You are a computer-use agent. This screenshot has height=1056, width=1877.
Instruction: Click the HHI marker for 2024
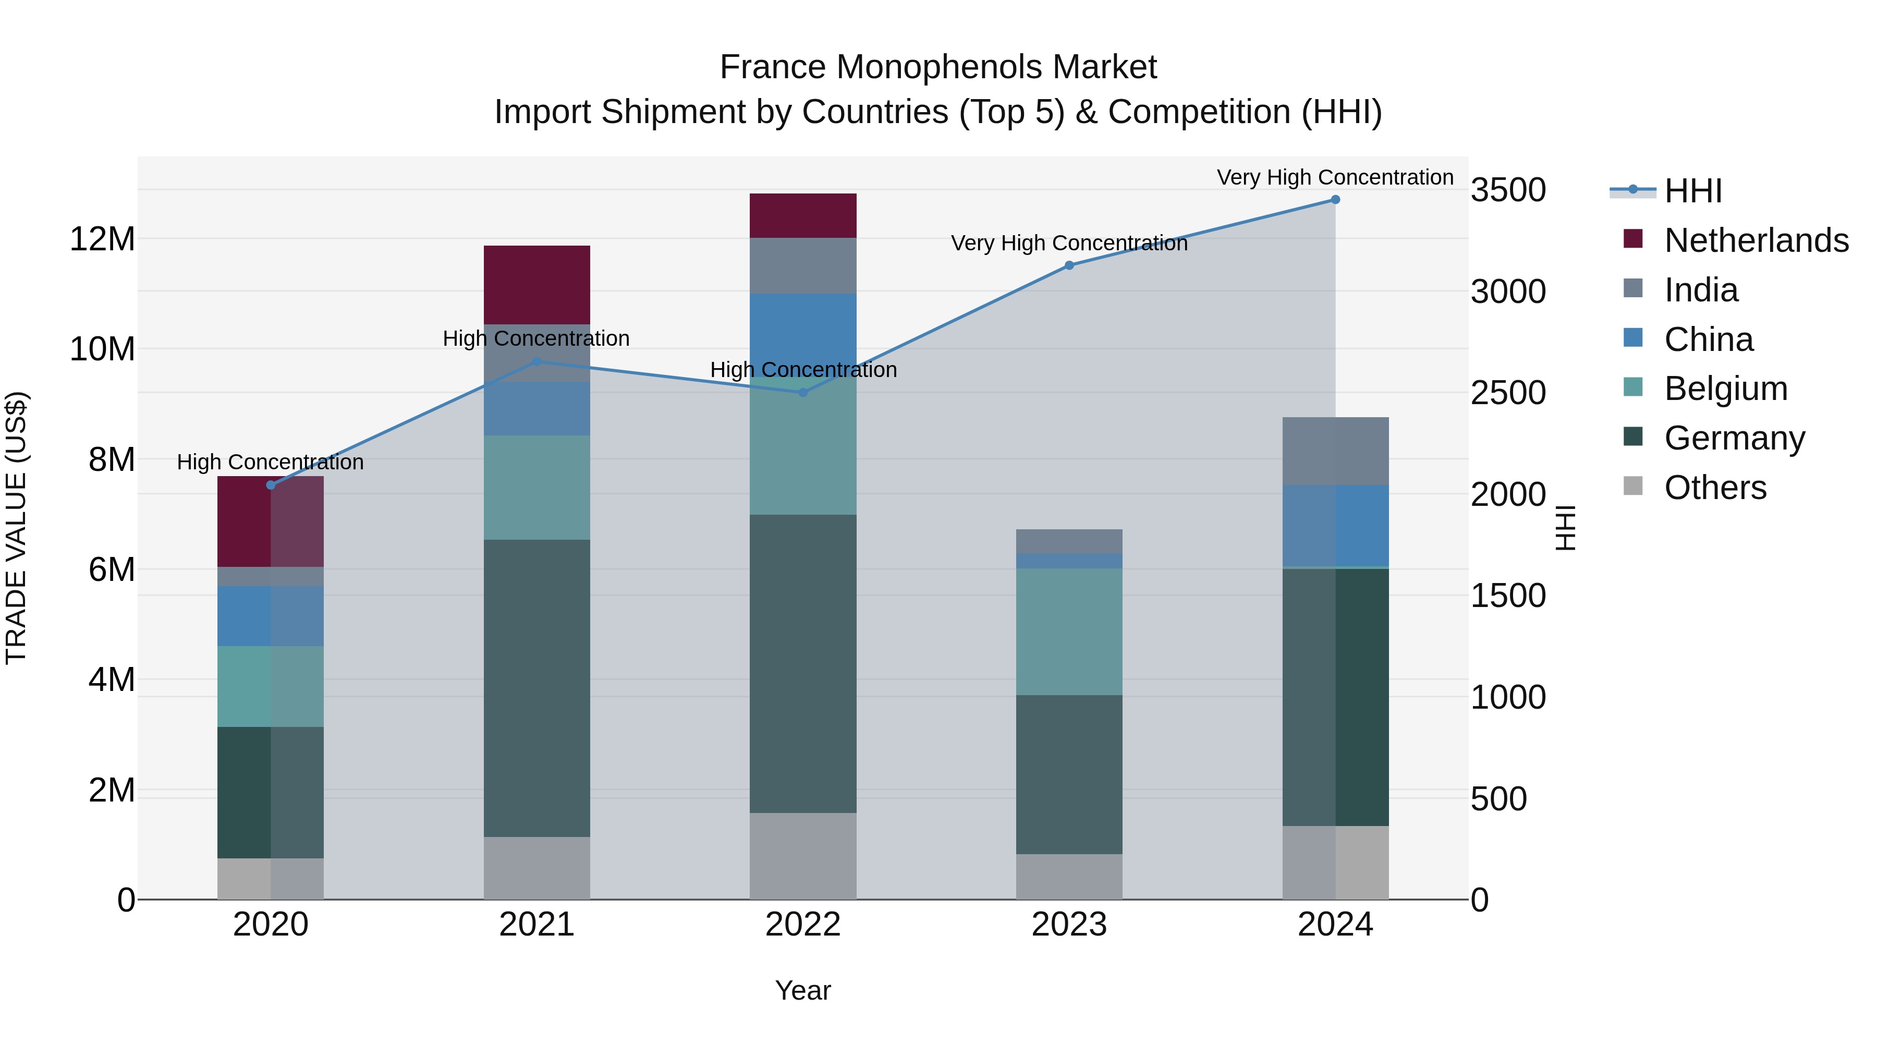[1335, 200]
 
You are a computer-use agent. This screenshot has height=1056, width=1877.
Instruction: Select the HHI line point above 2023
[1069, 265]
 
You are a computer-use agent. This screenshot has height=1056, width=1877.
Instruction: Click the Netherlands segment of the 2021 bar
[537, 284]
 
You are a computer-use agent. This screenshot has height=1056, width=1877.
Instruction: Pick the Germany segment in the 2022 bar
[803, 663]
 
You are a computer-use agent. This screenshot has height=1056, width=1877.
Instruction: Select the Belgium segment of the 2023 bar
[1069, 631]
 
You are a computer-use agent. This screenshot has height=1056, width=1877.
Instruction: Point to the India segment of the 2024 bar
[1335, 451]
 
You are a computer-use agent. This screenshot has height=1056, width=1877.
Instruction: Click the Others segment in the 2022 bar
[803, 856]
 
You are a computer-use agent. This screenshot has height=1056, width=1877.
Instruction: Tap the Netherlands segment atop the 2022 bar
[803, 216]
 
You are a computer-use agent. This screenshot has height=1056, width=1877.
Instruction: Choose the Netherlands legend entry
[1756, 240]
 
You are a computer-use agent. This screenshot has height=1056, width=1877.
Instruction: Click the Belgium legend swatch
[1633, 387]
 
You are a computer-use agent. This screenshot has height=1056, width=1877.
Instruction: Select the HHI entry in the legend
[1692, 191]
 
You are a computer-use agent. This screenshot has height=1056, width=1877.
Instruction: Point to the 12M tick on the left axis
[102, 239]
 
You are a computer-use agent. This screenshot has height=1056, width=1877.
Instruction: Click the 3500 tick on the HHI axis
[1507, 190]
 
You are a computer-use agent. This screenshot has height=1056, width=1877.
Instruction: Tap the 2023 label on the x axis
[1069, 925]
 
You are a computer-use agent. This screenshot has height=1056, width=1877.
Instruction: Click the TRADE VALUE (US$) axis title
[16, 528]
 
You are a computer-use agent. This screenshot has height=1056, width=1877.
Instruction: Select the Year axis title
[803, 990]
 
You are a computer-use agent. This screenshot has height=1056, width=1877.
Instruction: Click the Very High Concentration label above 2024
[1335, 177]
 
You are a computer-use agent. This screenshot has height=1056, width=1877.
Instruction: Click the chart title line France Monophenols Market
[938, 67]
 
